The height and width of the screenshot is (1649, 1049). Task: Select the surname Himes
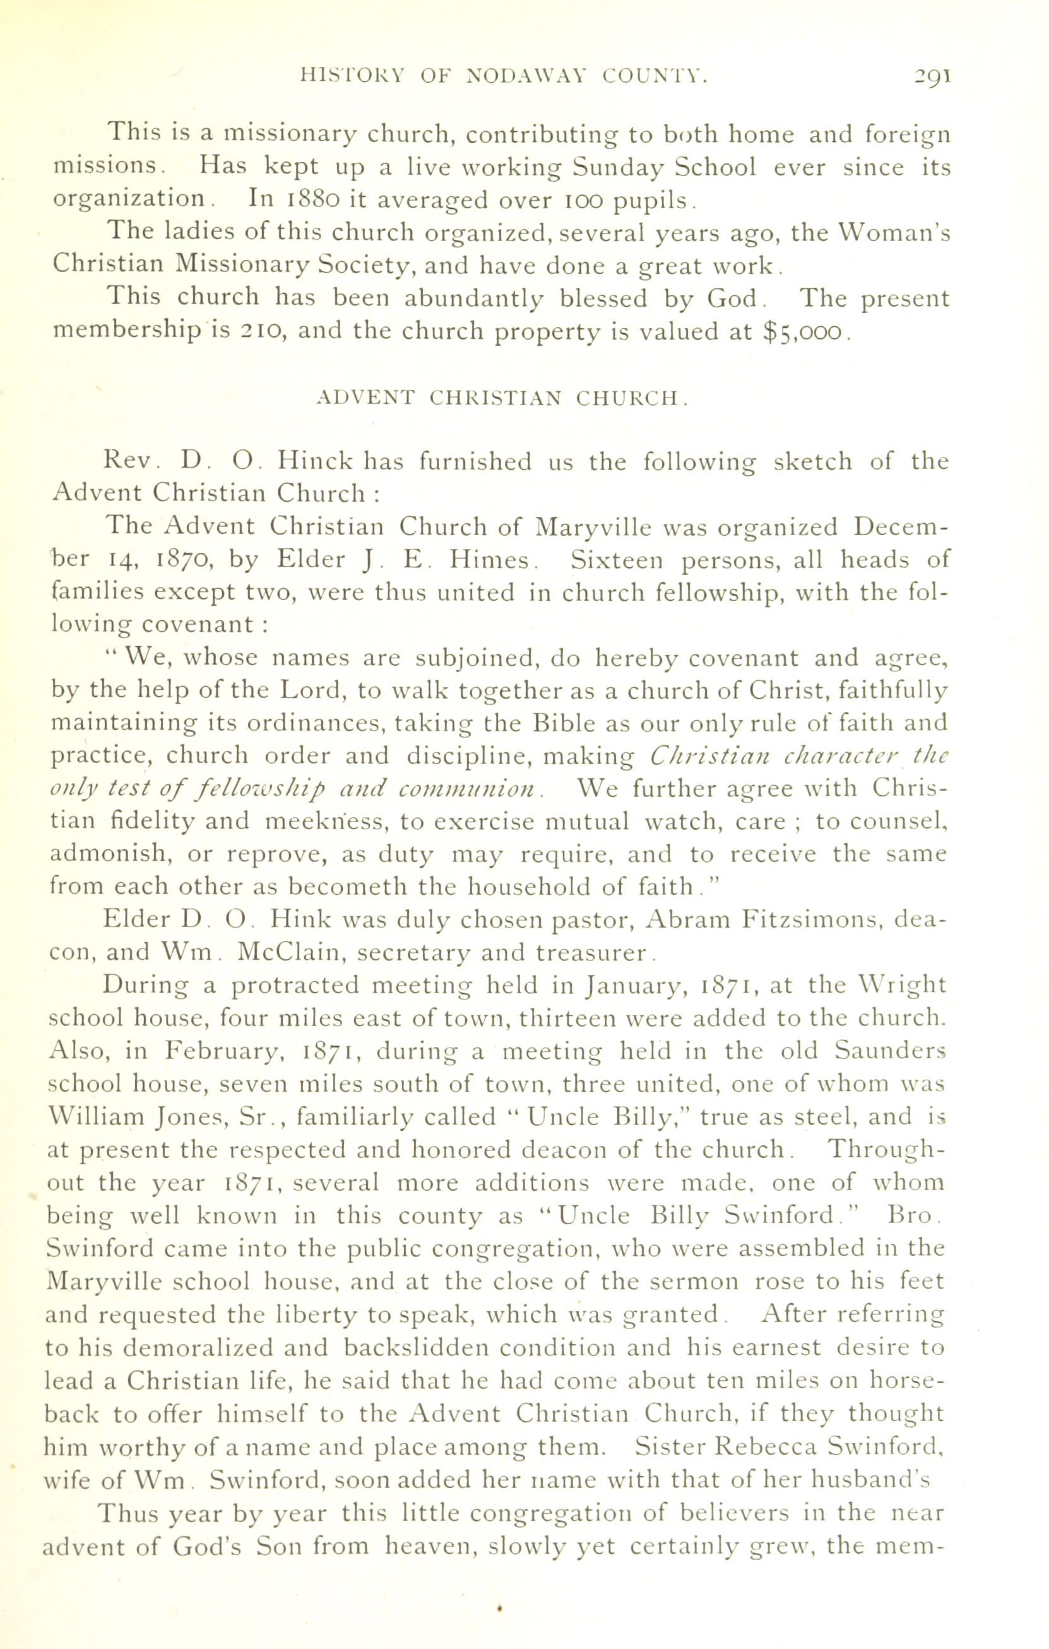tap(489, 560)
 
